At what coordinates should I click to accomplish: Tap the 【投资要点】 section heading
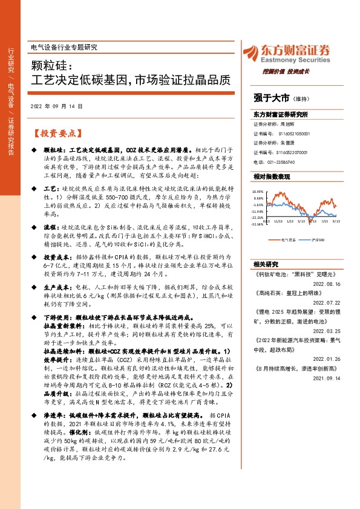point(54,132)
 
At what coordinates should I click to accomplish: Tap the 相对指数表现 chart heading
point(270,177)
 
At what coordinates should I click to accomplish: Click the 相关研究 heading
point(266,264)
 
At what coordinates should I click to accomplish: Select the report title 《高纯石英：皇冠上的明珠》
point(288,292)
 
